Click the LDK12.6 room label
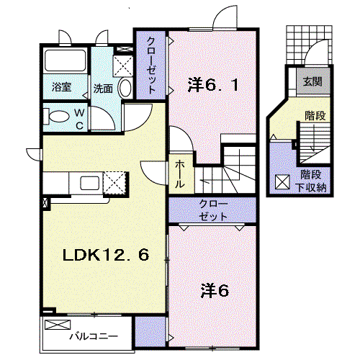click(x=106, y=255)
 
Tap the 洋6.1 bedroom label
click(x=213, y=84)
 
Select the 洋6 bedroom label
click(x=215, y=291)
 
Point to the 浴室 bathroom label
click(x=62, y=86)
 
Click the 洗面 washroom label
click(x=103, y=89)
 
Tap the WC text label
click(x=79, y=120)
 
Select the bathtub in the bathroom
click(x=66, y=60)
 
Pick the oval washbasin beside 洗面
click(x=125, y=88)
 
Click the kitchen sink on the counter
click(x=89, y=183)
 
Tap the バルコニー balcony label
click(x=94, y=336)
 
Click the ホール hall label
click(x=180, y=174)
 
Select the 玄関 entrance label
click(x=312, y=81)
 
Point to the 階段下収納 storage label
click(x=311, y=181)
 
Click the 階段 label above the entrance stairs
click(x=315, y=116)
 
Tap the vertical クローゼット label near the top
click(x=151, y=65)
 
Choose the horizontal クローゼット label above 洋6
click(x=213, y=210)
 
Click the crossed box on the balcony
click(x=58, y=325)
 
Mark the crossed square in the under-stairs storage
click(x=282, y=182)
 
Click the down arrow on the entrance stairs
click(x=312, y=139)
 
